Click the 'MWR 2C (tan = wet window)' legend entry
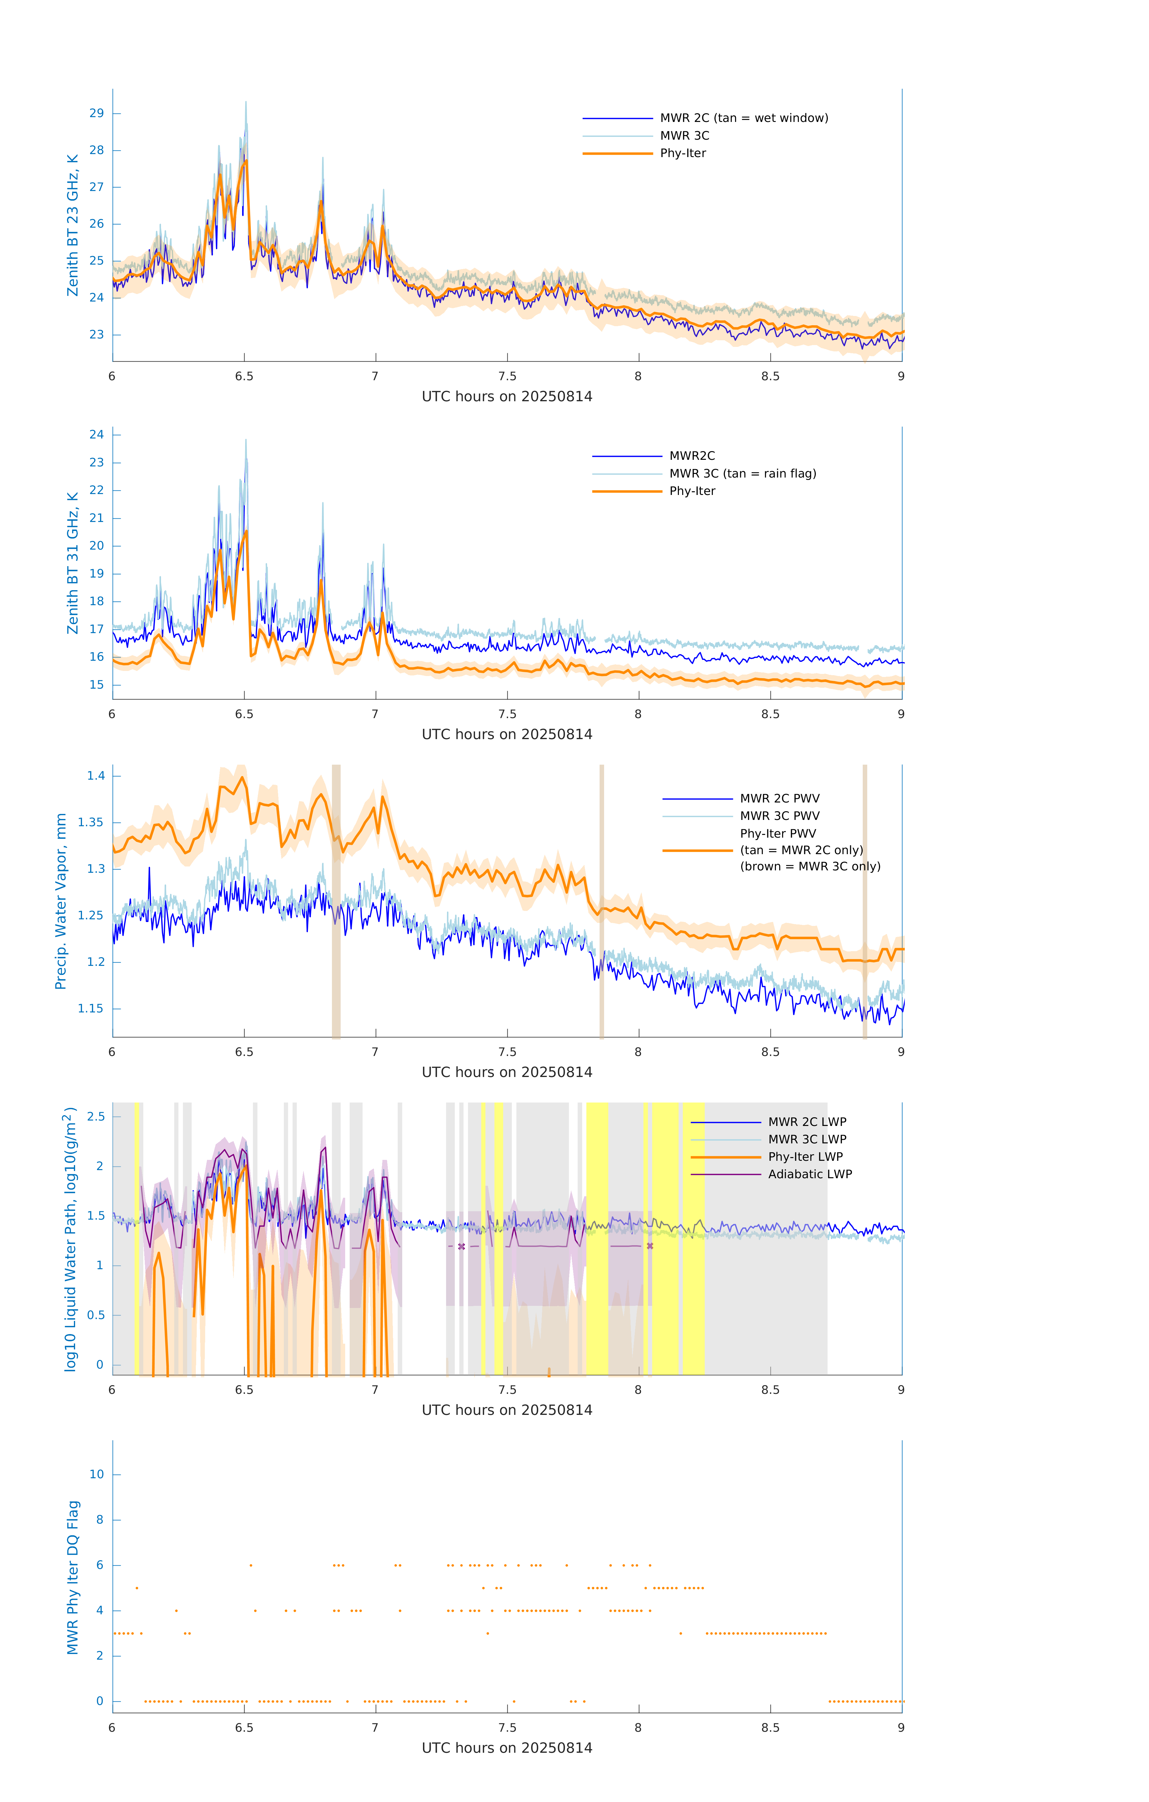pos(743,118)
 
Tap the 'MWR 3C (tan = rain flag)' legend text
pos(742,474)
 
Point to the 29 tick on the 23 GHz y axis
pos(96,114)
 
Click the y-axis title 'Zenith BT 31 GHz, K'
pos(73,563)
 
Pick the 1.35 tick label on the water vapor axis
pos(91,822)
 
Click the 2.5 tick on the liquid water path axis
pos(96,1117)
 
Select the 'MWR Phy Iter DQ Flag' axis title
pos(73,1577)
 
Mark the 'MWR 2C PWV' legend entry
pos(779,799)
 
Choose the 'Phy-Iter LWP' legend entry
pos(805,1157)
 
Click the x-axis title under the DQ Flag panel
pos(507,1748)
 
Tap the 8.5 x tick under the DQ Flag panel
pos(770,1728)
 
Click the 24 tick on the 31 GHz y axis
pos(96,435)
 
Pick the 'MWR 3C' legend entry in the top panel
pos(684,135)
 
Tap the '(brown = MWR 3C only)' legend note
pos(810,866)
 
